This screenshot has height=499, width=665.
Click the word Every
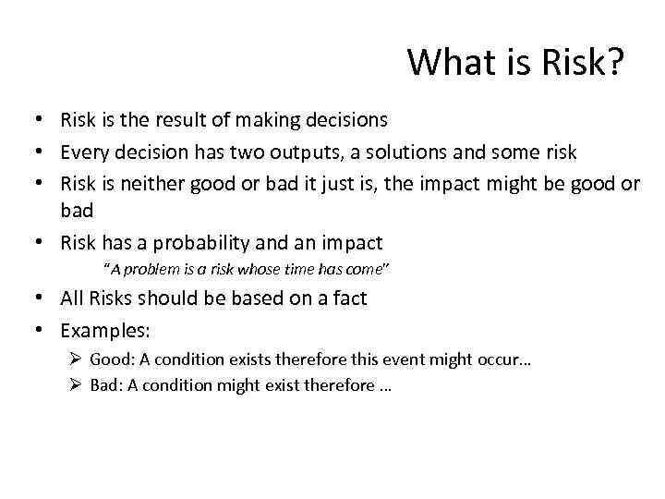[x=83, y=152]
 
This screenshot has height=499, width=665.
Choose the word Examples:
[x=105, y=330]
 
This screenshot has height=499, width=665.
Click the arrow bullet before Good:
[x=77, y=359]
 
